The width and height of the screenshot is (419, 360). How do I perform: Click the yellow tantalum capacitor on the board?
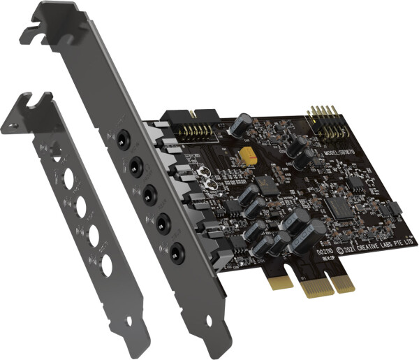pos(249,155)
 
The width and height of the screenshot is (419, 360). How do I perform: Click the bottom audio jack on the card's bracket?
pos(177,249)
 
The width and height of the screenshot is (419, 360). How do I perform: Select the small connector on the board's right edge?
pos(395,208)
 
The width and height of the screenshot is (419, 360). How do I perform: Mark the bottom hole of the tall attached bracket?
pos(209,344)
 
